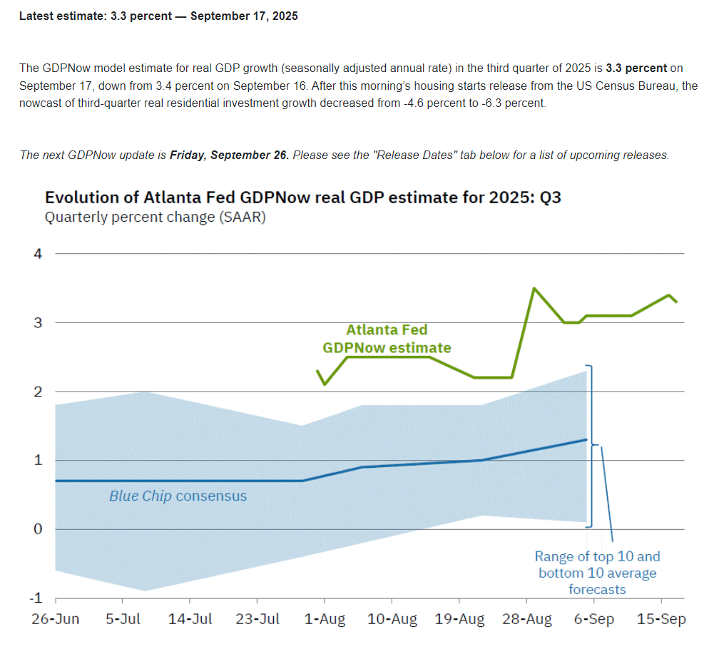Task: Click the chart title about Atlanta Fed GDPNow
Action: click(x=302, y=198)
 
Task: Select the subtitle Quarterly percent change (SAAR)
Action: click(x=155, y=218)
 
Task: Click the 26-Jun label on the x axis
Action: click(x=55, y=619)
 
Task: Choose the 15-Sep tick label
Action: click(x=661, y=619)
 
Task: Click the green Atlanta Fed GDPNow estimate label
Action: click(x=387, y=339)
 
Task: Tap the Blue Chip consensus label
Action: click(x=178, y=496)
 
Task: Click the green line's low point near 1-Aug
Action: click(x=325, y=384)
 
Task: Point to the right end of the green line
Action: click(x=676, y=302)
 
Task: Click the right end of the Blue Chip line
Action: click(x=586, y=439)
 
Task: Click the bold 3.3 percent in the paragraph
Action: click(x=636, y=68)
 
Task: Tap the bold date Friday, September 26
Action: click(x=229, y=155)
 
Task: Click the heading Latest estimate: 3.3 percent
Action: click(x=158, y=16)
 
